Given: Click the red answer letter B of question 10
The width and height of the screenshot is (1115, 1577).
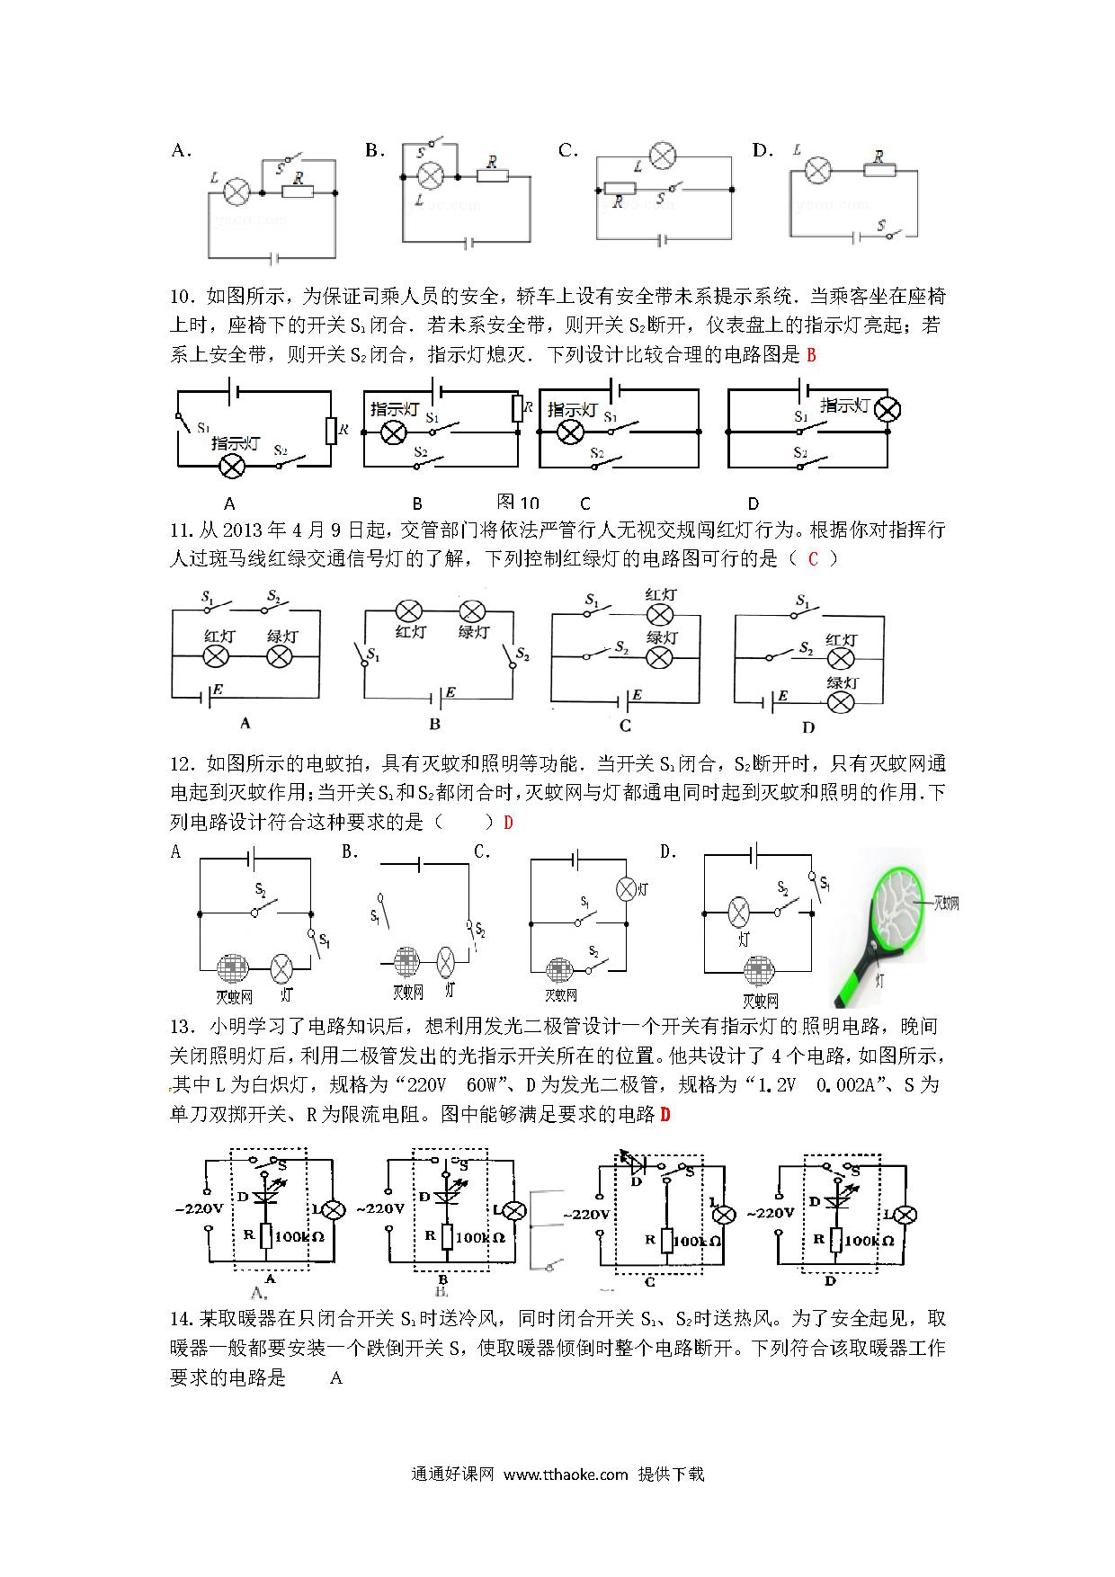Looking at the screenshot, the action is coord(811,355).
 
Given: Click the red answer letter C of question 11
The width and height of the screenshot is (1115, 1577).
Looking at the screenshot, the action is coord(813,559).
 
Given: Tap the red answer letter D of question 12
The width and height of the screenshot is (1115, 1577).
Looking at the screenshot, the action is coord(508,823).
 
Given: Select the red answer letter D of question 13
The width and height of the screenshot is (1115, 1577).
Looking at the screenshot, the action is coord(665,1115).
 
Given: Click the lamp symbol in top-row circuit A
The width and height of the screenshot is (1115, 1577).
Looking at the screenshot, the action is coord(236,192).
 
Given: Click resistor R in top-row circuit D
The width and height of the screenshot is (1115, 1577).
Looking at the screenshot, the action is coord(880,170).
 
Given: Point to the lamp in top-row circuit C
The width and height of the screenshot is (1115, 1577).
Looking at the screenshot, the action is coord(663,156).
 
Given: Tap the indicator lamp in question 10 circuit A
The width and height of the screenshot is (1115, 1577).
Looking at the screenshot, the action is coord(234,466).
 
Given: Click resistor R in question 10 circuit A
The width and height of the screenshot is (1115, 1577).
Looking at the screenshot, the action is coord(331,431).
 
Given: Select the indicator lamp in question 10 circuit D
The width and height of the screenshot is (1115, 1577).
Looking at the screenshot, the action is coord(888,410).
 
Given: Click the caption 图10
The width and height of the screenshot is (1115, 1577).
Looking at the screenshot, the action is coord(518,503).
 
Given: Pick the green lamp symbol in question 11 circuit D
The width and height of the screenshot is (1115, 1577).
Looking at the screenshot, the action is coord(841,702).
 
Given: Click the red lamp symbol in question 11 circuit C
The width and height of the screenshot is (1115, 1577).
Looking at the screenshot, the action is coord(661,615).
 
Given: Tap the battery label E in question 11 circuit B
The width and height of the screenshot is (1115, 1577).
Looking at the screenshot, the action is coord(450,691).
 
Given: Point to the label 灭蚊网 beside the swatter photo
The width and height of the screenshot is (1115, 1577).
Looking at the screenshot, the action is coord(946,904).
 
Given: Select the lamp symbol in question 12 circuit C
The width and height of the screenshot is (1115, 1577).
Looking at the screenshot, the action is coord(626,888).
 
